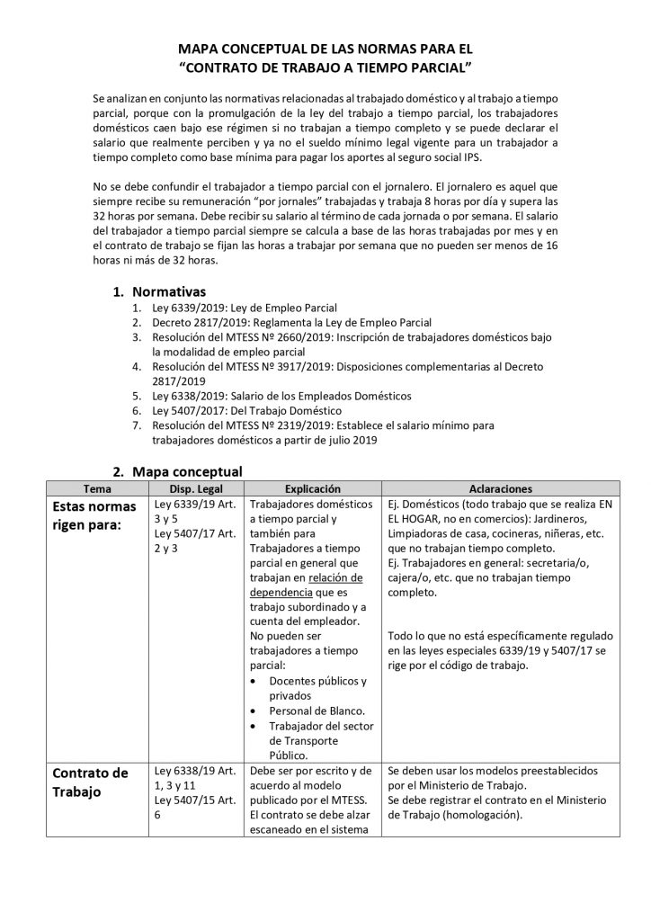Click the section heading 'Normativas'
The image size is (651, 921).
[168, 291]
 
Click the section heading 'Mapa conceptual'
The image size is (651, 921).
[187, 470]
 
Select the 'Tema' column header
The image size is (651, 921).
[97, 487]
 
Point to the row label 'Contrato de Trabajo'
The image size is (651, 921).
[90, 782]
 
